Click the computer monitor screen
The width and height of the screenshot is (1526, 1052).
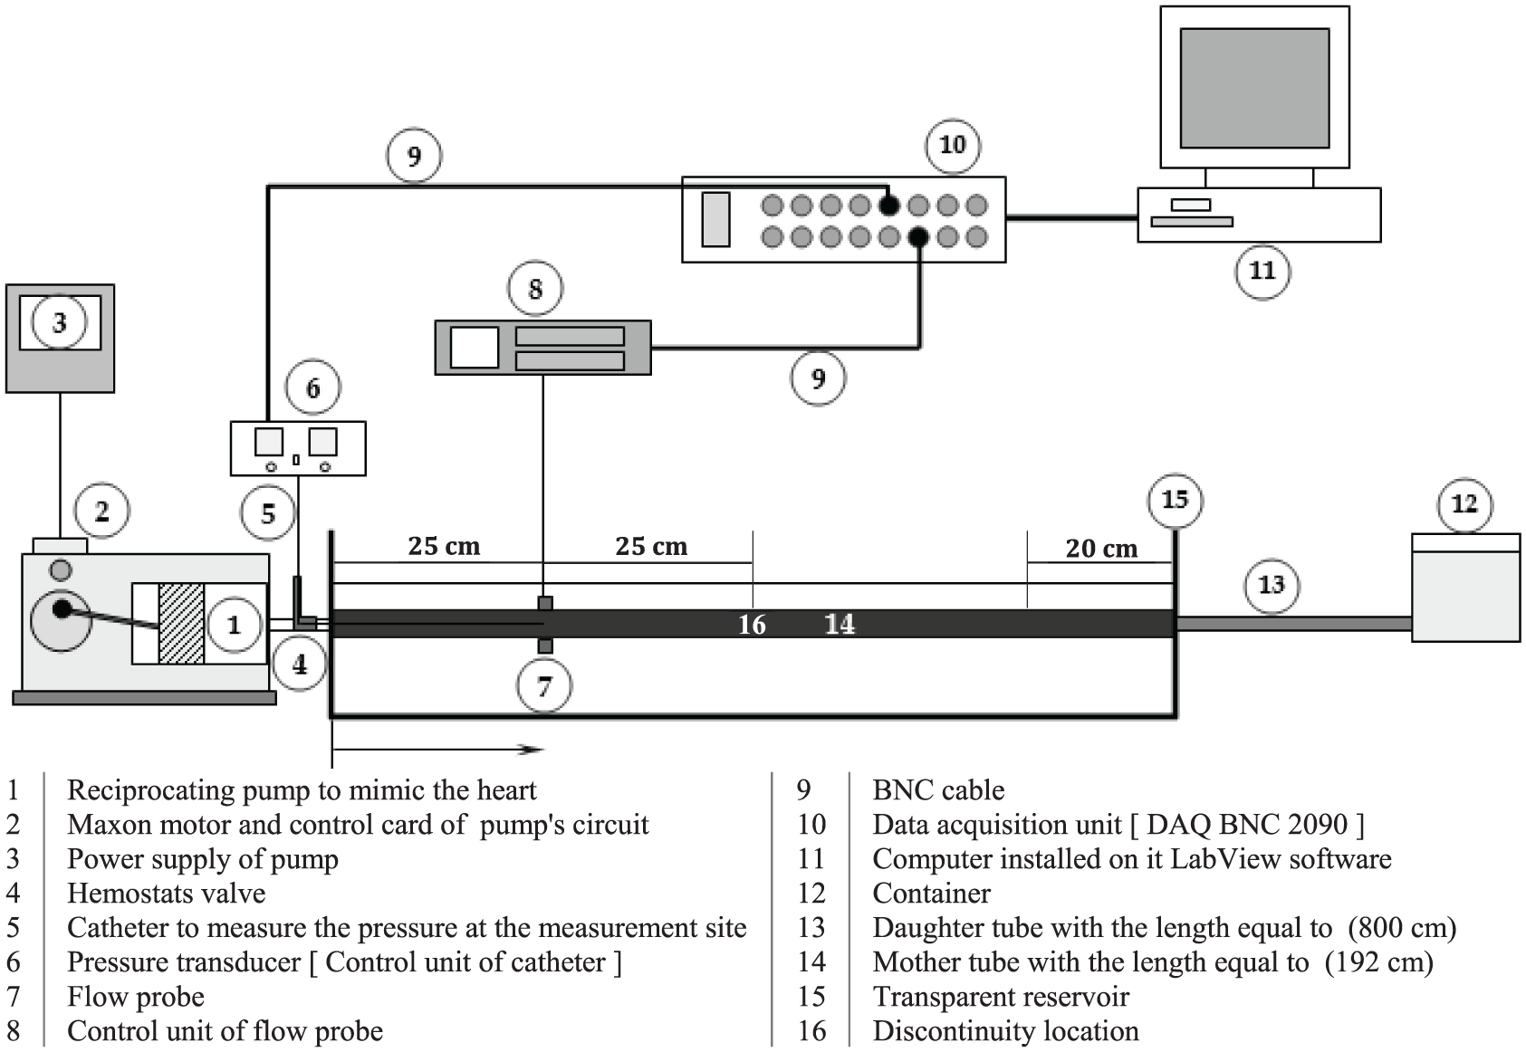click(1254, 88)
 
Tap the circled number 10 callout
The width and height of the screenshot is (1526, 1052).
click(953, 145)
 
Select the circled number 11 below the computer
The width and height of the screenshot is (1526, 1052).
click(1262, 271)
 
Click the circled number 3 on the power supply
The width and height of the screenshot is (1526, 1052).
click(59, 322)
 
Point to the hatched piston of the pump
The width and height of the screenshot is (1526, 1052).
click(181, 623)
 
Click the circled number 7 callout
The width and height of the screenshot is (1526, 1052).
click(543, 685)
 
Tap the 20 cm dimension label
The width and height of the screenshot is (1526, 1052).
click(1101, 548)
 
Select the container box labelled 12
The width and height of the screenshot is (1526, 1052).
click(1465, 588)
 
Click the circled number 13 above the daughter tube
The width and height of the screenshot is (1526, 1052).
click(1272, 585)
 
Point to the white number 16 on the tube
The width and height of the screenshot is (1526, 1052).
click(752, 625)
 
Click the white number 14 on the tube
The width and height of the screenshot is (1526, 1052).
click(840, 624)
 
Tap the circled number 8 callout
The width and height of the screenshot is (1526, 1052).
click(535, 289)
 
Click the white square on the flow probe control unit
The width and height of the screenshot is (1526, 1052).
click(475, 348)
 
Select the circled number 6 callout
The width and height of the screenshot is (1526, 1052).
click(312, 388)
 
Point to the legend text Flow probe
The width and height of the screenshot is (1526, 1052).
click(136, 997)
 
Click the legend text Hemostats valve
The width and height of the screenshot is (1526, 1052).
click(167, 894)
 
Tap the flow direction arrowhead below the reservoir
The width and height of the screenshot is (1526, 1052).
click(530, 750)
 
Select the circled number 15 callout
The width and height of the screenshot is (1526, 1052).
click(1176, 500)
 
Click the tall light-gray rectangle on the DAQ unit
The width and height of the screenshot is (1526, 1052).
click(716, 219)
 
